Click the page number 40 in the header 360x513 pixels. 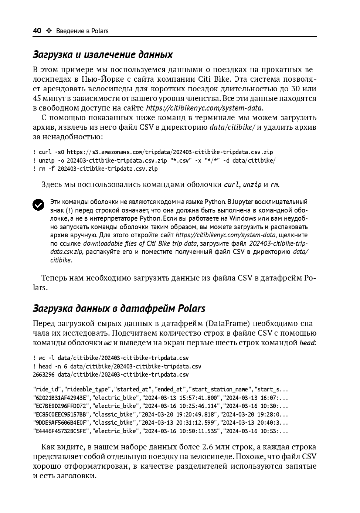[x=37, y=31]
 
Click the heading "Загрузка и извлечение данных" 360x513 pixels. [x=103, y=55]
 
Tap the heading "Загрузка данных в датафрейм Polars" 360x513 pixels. [x=119, y=308]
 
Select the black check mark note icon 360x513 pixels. [x=38, y=204]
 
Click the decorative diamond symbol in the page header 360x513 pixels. [x=49, y=31]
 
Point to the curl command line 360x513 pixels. [x=153, y=152]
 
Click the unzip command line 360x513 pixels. [x=154, y=160]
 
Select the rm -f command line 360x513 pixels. [x=95, y=169]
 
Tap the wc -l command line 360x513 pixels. [x=111, y=358]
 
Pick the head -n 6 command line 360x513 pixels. [x=117, y=366]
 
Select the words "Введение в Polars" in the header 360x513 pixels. [x=82, y=31]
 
